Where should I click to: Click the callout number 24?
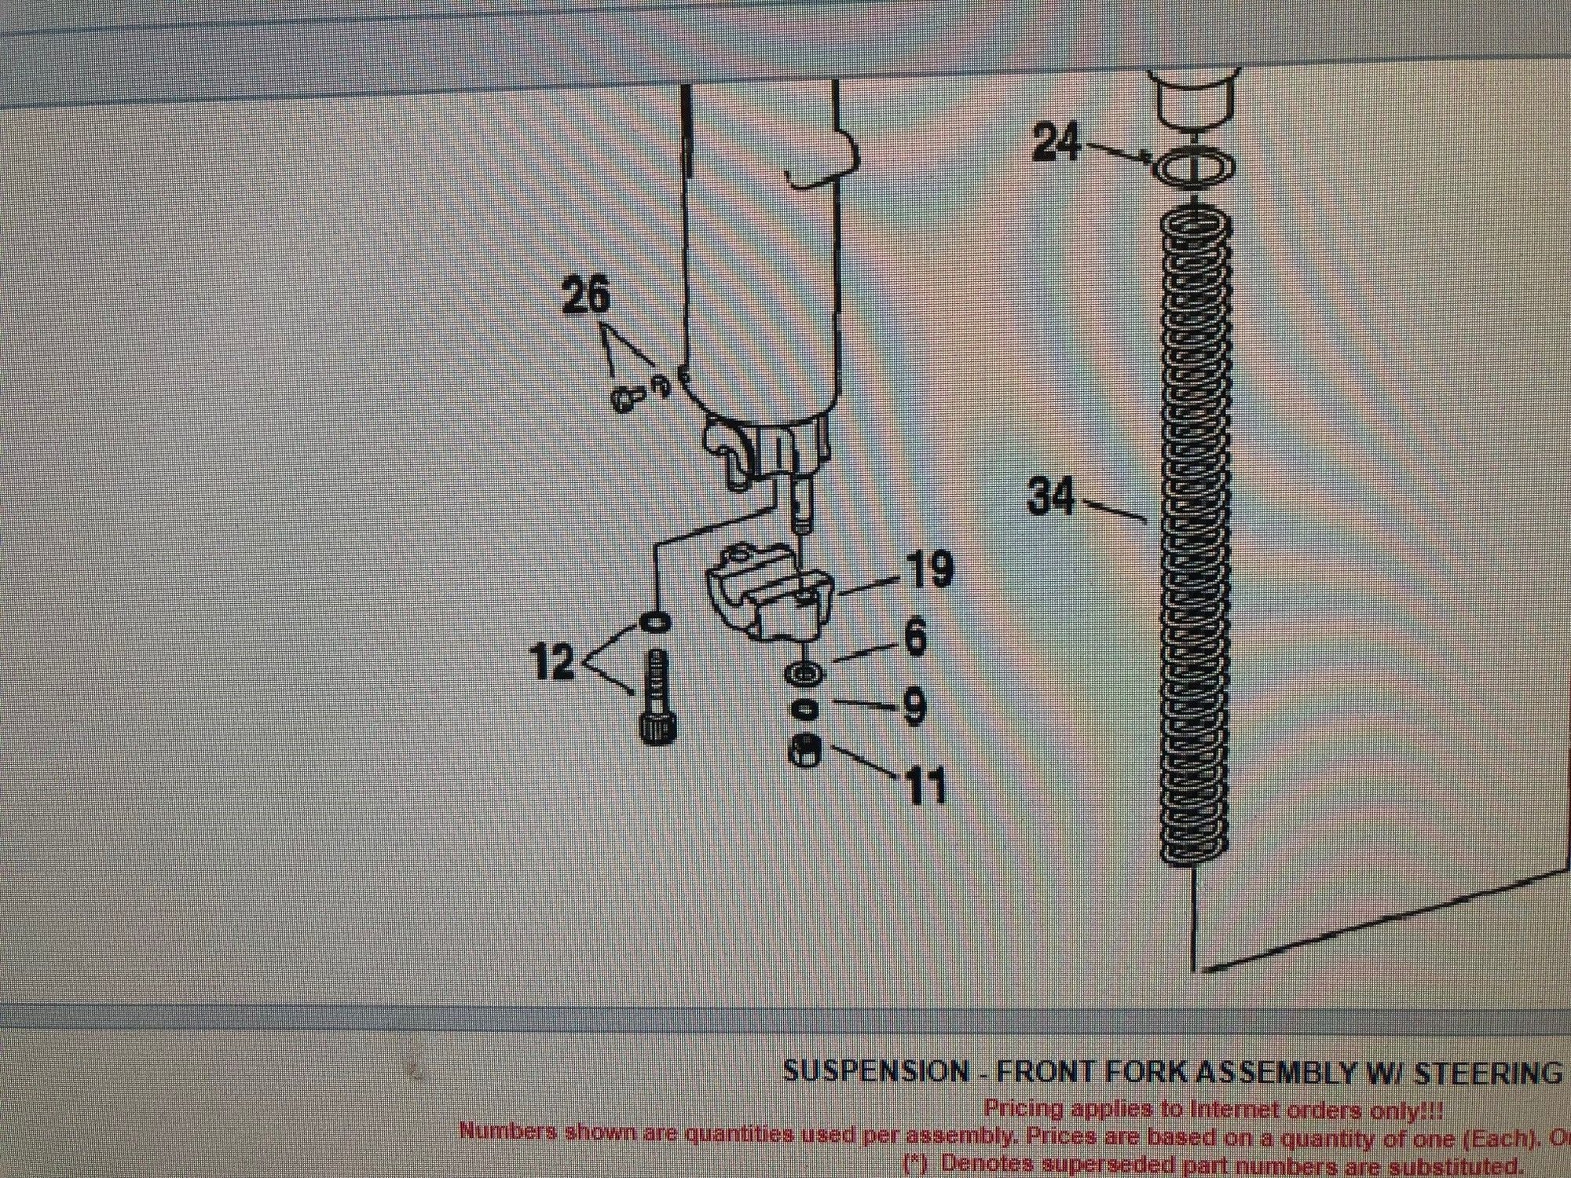coord(1057,144)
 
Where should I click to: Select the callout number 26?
coord(586,298)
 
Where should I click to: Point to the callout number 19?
coord(928,571)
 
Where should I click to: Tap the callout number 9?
coord(914,707)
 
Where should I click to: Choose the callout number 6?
coord(916,638)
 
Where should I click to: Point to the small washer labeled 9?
coord(803,709)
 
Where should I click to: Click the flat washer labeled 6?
coord(804,673)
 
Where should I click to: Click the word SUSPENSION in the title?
coord(876,1072)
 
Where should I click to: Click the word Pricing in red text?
coord(1024,1109)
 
